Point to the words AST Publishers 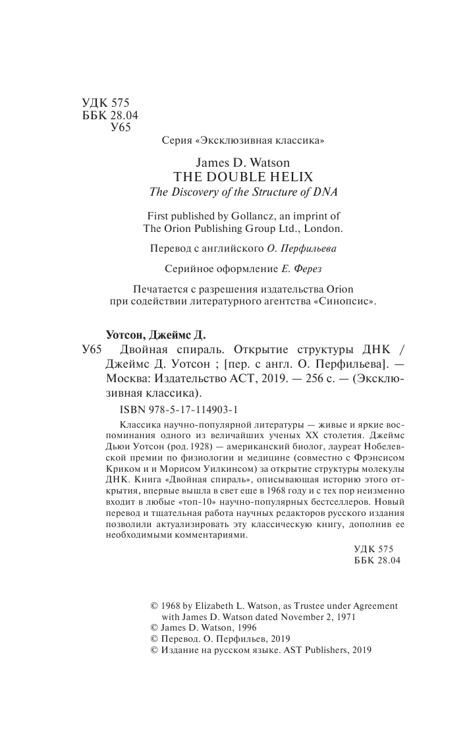click(314, 649)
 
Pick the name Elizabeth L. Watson click(236, 605)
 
